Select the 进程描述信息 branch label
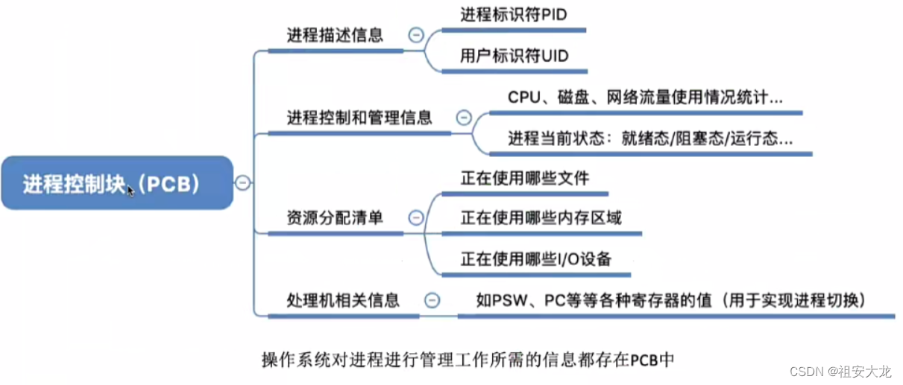335,35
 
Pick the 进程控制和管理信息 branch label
359,118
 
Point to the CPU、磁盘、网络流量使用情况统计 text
645,98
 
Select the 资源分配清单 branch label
335,217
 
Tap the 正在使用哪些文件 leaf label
524,178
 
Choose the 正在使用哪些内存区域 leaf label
541,217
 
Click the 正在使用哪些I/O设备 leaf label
535,258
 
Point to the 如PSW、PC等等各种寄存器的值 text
670,300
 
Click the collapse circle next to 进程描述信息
415,35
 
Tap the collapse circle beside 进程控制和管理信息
464,118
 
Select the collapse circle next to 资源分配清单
415,217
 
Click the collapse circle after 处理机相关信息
431,300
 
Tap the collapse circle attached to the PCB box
243,183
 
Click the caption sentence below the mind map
468,359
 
